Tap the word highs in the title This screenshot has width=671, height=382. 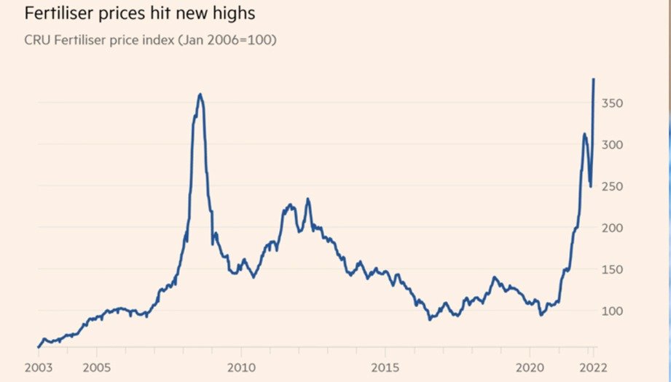click(x=232, y=12)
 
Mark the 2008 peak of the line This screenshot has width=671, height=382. click(x=200, y=94)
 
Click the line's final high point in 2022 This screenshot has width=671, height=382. click(x=594, y=79)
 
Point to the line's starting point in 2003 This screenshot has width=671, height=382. click(x=38, y=347)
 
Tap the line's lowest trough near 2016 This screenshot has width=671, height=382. click(x=430, y=319)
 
